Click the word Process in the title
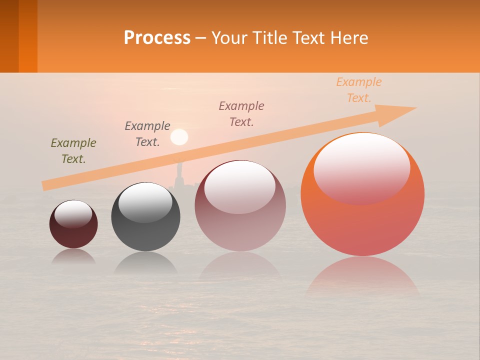click(x=157, y=38)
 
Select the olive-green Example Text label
click(x=73, y=151)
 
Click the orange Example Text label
click(x=358, y=90)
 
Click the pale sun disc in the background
click(x=179, y=136)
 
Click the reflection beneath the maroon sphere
click(x=73, y=256)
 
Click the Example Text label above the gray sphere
click(x=147, y=134)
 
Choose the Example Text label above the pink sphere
click(x=241, y=113)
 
